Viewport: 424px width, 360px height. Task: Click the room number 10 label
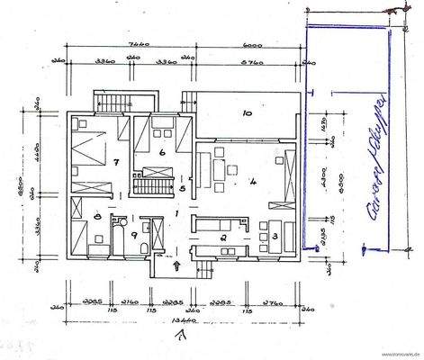click(245, 114)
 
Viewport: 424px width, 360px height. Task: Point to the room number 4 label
click(255, 183)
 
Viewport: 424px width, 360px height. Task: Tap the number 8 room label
click(96, 217)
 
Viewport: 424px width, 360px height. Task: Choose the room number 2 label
click(221, 238)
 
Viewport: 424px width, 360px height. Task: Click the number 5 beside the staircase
click(182, 189)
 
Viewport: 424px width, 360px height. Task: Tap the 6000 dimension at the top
click(251, 43)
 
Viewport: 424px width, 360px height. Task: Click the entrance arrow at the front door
click(177, 265)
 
